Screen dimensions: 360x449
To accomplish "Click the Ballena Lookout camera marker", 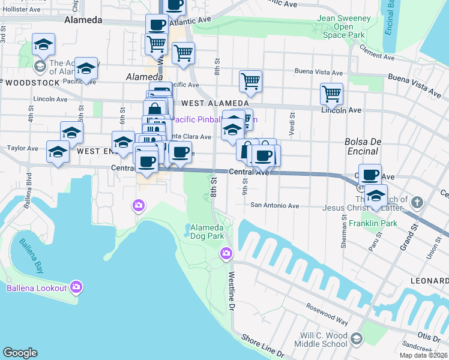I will [76, 287].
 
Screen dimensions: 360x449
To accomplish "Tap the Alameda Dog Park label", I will [207, 232].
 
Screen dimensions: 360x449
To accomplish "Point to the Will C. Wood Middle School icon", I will [356, 339].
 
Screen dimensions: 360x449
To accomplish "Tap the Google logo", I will [20, 353].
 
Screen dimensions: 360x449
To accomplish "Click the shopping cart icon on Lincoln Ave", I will [331, 94].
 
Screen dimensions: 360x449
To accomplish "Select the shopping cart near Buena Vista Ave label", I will [250, 82].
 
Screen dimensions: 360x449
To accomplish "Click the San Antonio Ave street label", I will [274, 205].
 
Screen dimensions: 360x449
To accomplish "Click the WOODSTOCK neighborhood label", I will [31, 83].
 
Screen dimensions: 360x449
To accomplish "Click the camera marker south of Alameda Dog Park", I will [226, 253].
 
